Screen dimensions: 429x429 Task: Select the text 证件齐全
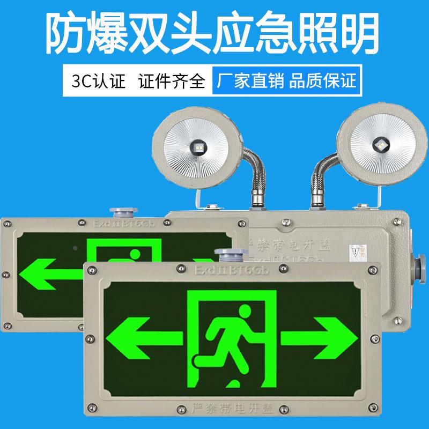click(171, 82)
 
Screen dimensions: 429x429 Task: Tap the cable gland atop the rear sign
click(117, 211)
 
